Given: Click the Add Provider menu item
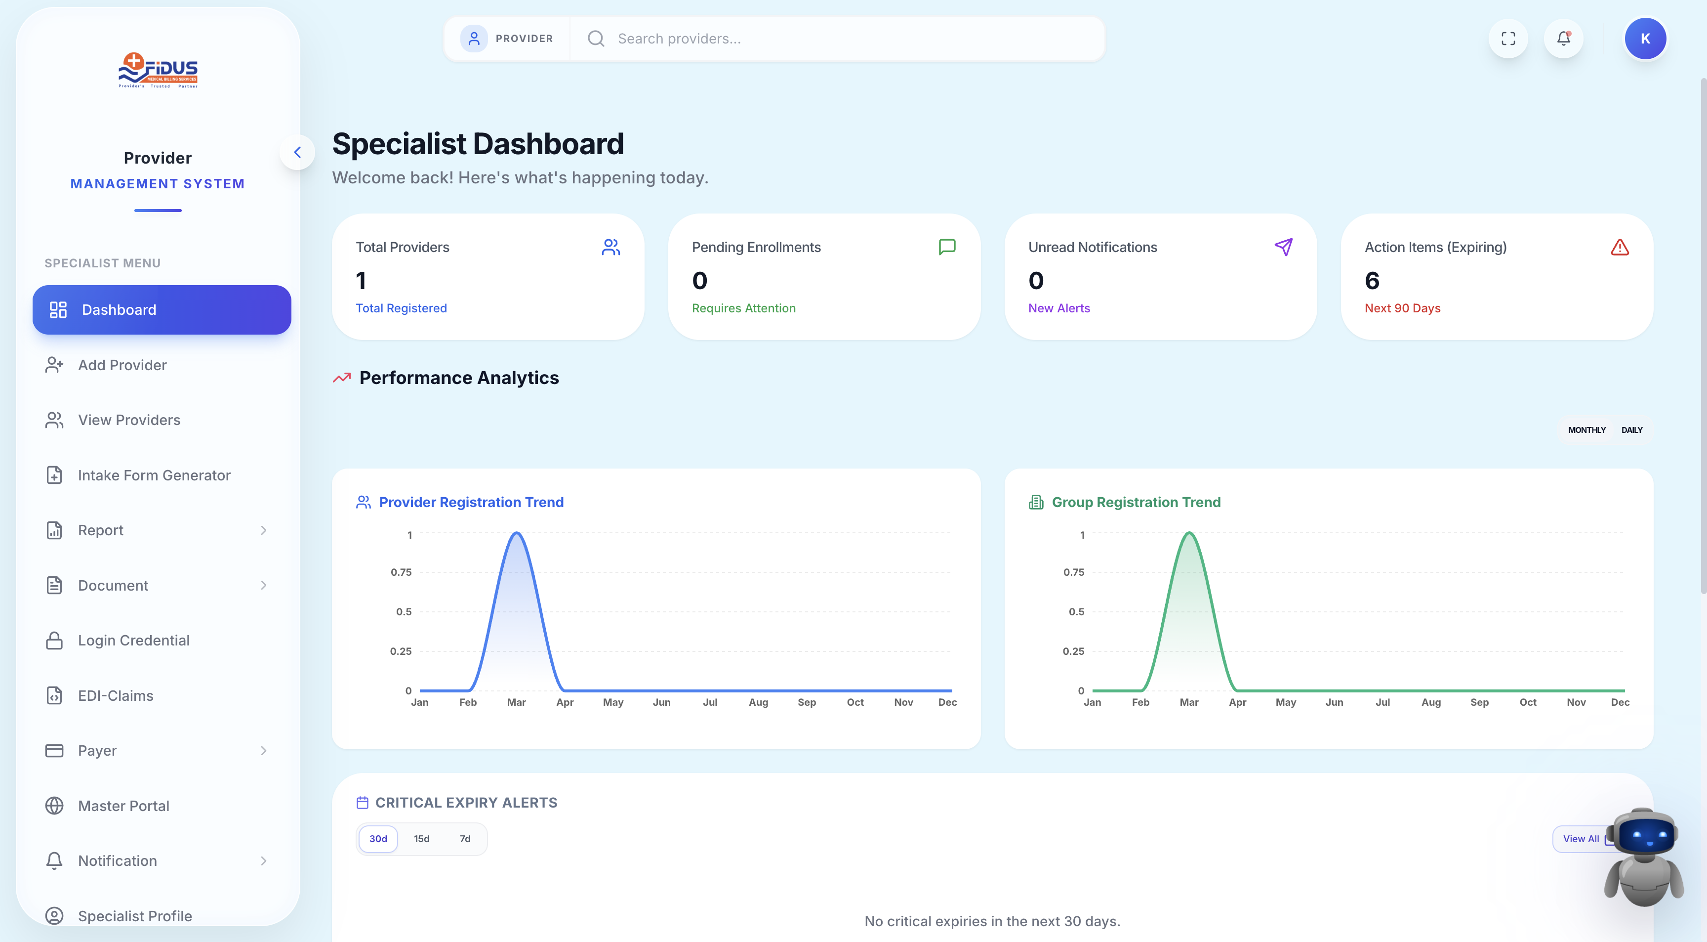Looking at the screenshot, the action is point(122,365).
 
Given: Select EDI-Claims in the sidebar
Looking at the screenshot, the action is point(115,695).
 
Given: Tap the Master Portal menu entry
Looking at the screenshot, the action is point(123,806).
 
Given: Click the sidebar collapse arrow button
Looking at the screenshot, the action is point(297,153).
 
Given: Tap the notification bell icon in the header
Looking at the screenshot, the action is point(1564,39).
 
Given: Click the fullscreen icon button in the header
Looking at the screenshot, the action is point(1508,39).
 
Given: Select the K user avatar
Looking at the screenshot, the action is point(1645,39).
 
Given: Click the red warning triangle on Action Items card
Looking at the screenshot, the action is point(1620,247).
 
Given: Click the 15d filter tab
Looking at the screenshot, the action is point(421,839).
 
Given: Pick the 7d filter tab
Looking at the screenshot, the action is point(465,839).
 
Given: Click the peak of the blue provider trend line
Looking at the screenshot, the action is point(516,533).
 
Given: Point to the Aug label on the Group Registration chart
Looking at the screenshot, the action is point(1431,702).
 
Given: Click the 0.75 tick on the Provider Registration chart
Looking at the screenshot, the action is point(401,572).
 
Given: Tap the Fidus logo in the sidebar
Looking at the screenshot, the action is point(158,70).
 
